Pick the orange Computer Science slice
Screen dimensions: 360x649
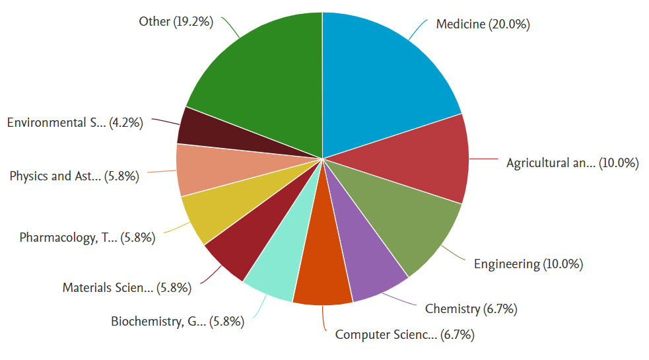(x=324, y=271)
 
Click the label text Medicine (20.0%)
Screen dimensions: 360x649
(x=483, y=24)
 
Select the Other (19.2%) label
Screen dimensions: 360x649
(x=176, y=22)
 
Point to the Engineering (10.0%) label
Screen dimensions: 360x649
(x=528, y=264)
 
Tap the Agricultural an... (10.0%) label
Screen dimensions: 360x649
(x=572, y=163)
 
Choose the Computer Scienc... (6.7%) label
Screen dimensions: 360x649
(x=405, y=334)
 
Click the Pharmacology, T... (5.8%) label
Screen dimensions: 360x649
(x=87, y=238)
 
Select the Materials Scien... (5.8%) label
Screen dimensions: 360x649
(x=127, y=287)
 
